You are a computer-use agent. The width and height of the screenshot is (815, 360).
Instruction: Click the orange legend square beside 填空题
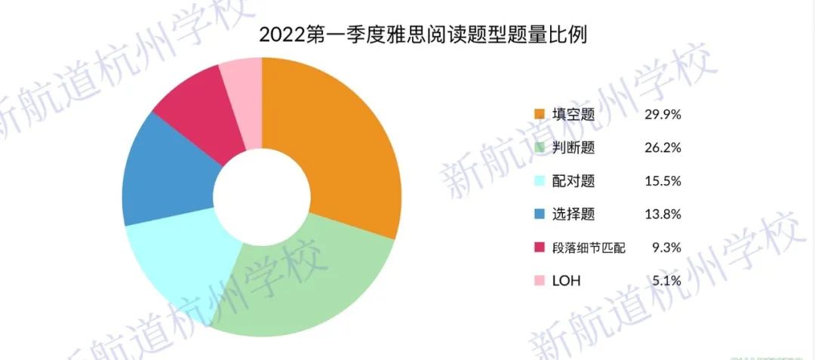click(539, 115)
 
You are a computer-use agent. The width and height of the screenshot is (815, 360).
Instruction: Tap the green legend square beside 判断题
click(539, 148)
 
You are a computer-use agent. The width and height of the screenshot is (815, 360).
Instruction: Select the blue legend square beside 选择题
click(539, 214)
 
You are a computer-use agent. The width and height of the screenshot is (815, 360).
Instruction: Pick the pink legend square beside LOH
click(539, 281)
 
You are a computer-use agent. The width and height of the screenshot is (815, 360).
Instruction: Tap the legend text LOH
click(566, 281)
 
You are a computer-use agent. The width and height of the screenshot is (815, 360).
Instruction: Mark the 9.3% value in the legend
click(666, 248)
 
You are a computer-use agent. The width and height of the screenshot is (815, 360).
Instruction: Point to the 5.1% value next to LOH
click(666, 281)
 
